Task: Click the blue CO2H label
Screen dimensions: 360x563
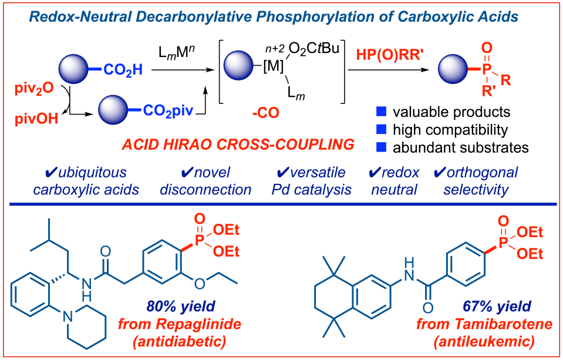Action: tap(124, 71)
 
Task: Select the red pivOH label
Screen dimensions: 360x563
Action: tap(33, 120)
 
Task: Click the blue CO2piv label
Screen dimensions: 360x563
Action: tap(166, 110)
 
